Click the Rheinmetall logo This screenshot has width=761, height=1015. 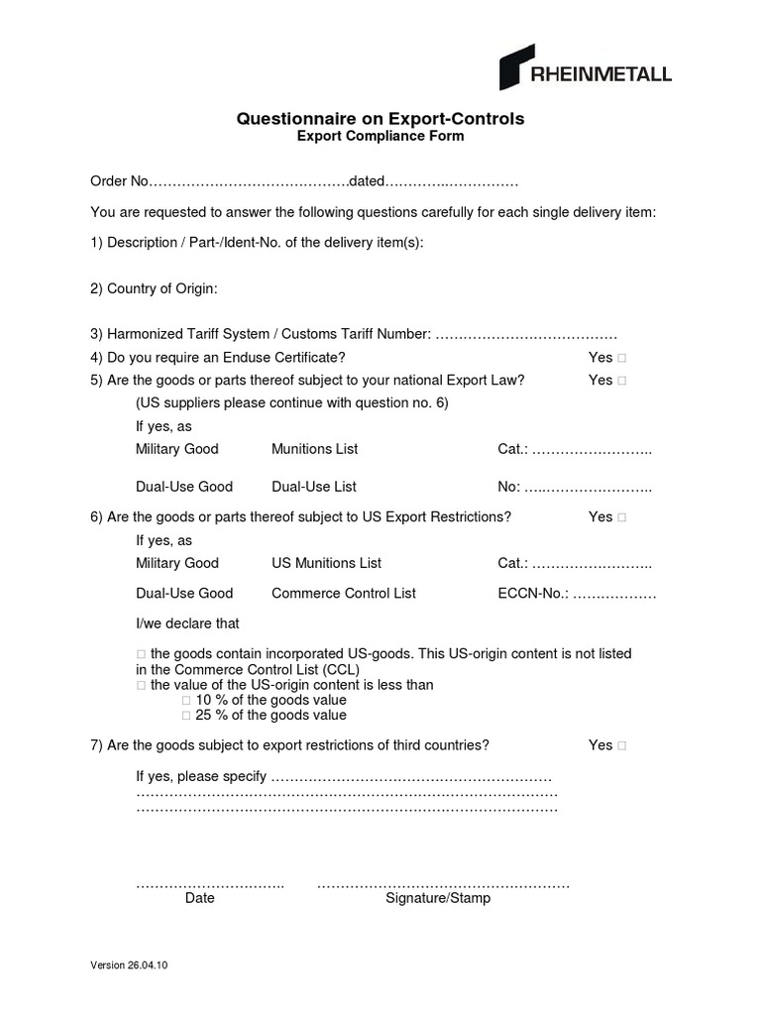(585, 68)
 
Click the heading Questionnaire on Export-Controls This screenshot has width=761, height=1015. (380, 119)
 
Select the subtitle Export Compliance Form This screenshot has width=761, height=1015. (380, 137)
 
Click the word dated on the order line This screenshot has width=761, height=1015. (366, 181)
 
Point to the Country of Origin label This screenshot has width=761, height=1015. (154, 288)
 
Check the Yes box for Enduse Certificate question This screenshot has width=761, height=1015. (621, 358)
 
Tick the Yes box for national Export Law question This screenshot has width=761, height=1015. (621, 381)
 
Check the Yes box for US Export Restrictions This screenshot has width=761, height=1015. (621, 517)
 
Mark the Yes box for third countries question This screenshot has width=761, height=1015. (621, 745)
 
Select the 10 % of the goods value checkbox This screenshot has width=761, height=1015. (185, 700)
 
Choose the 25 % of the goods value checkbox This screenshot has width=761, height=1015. (185, 715)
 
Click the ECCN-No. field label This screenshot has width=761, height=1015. (533, 594)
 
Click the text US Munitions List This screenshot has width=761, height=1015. (326, 563)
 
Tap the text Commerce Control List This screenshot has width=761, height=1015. (344, 594)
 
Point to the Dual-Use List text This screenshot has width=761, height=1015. (313, 487)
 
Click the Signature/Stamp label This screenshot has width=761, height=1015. (438, 898)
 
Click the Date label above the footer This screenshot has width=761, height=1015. (199, 898)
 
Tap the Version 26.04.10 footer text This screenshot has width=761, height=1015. (129, 965)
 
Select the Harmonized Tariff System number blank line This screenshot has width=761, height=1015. (526, 335)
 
